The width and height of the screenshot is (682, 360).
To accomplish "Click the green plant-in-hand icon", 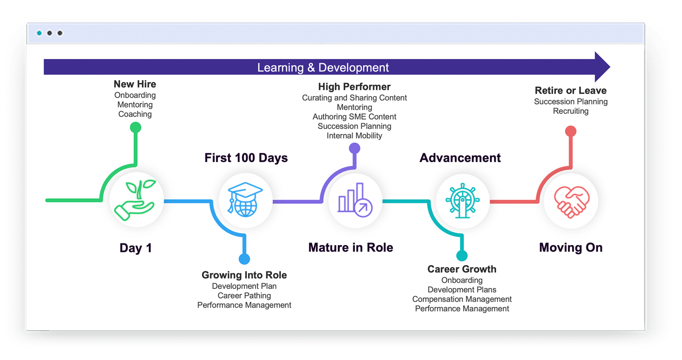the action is tap(135, 200).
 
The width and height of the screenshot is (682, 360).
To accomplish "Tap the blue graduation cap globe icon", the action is tap(245, 200).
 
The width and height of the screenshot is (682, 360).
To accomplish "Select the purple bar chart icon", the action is tap(355, 200).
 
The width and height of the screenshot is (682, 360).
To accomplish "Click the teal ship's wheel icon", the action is tap(463, 200).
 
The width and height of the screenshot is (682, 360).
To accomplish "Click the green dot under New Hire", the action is tap(136, 127).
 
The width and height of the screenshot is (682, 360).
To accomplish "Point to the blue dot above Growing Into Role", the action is tap(244, 259).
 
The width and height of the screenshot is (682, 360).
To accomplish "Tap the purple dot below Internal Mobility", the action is tap(354, 148).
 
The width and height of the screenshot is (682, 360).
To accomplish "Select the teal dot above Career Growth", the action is tap(462, 256).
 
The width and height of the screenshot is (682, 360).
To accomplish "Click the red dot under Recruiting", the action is tap(571, 131).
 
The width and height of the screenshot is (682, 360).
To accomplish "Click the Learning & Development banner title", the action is tap(323, 67).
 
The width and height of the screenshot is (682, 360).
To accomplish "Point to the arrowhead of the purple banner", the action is tap(610, 67).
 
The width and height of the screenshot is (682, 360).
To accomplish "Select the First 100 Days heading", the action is tap(246, 158).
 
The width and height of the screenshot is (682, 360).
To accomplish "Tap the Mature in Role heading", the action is tap(351, 247).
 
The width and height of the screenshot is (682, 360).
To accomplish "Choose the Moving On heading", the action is tap(571, 247).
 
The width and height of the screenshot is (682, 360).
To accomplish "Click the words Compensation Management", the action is tap(462, 299).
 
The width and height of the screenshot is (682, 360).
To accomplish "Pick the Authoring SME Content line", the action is tap(354, 117).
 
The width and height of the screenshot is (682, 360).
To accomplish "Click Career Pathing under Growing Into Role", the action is tap(244, 295).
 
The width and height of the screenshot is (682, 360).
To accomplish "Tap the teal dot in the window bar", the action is tap(39, 33).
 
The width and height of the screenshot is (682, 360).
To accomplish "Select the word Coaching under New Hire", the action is tap(135, 114).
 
